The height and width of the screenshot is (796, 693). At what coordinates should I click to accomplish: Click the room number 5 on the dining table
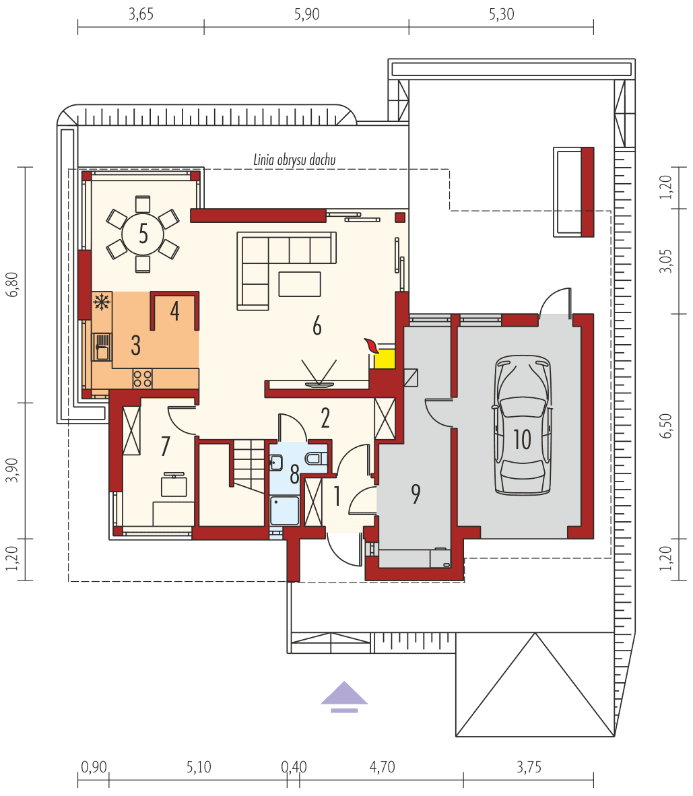(x=143, y=234)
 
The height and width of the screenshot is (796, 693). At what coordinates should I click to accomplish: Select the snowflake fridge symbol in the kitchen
(x=102, y=302)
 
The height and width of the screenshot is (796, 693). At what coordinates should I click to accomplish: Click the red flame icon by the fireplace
(x=370, y=346)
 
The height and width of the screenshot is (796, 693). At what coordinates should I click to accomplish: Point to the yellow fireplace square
(x=385, y=359)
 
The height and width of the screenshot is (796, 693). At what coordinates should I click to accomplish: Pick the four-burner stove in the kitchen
(x=142, y=378)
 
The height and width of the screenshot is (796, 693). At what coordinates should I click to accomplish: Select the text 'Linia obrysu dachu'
(x=294, y=160)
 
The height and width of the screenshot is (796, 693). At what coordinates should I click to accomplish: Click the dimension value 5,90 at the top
(x=306, y=15)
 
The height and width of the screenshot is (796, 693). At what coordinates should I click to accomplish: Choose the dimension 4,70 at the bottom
(x=382, y=767)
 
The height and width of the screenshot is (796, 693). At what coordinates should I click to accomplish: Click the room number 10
(x=523, y=440)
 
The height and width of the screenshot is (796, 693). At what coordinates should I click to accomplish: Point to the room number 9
(x=416, y=494)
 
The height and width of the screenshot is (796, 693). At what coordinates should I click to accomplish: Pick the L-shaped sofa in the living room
(x=269, y=266)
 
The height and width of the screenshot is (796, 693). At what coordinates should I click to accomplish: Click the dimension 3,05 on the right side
(x=666, y=261)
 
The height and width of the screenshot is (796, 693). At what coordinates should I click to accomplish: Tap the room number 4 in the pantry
(x=174, y=311)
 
